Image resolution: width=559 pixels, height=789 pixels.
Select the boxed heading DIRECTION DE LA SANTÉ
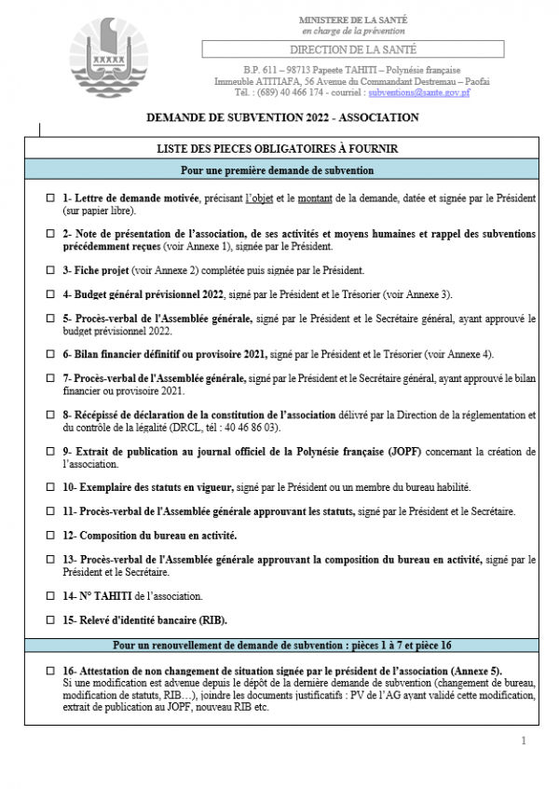[x=353, y=49]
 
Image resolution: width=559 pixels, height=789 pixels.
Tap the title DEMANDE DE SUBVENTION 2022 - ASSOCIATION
[x=283, y=118]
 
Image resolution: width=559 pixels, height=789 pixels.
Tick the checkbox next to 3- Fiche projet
[x=50, y=271]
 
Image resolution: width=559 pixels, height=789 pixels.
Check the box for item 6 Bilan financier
[x=50, y=354]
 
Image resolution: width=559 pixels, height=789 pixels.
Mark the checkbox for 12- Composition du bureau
[x=50, y=536]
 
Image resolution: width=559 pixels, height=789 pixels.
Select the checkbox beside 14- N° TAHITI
[x=50, y=595]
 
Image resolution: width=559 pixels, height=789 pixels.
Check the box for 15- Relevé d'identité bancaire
[x=50, y=619]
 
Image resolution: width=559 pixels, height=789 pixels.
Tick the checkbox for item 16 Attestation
[x=50, y=671]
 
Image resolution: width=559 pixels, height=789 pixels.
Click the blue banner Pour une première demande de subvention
[x=277, y=170]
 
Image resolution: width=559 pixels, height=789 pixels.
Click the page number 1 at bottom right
[x=524, y=741]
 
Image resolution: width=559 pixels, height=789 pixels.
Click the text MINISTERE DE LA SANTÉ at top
[x=353, y=20]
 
